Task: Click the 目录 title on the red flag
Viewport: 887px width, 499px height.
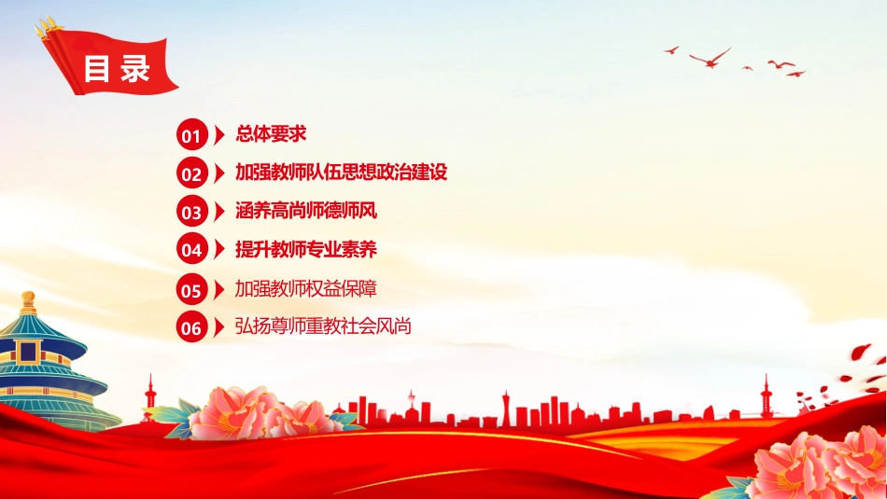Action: click(x=117, y=69)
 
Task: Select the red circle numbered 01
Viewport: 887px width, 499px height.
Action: click(x=191, y=134)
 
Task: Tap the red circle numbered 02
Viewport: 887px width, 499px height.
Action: click(x=191, y=173)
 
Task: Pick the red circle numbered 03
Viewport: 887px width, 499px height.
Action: click(x=191, y=212)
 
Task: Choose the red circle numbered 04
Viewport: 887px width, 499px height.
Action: click(x=191, y=249)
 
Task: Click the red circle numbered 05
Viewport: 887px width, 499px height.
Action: click(x=191, y=289)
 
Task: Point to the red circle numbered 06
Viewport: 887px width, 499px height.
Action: click(x=191, y=326)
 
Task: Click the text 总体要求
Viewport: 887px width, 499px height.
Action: click(x=271, y=134)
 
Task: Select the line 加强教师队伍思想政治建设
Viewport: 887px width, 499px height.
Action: click(x=341, y=172)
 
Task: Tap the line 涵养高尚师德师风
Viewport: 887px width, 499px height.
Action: click(x=306, y=211)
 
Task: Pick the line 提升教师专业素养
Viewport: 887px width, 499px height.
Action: click(x=306, y=249)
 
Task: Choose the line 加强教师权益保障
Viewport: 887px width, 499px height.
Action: click(x=306, y=289)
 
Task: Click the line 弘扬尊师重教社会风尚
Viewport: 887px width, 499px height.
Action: click(x=323, y=326)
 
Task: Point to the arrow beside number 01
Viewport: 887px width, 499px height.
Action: click(x=218, y=134)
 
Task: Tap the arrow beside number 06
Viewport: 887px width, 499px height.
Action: click(x=218, y=326)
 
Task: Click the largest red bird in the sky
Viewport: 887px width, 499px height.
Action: click(x=710, y=58)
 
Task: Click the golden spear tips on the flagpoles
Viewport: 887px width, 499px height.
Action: click(x=48, y=26)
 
